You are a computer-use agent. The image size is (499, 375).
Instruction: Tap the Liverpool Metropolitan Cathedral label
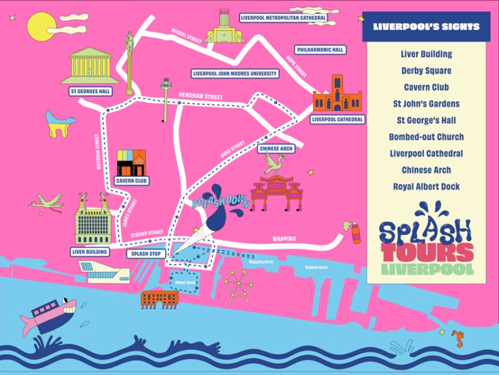(x=283, y=18)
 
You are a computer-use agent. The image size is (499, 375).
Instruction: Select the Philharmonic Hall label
(x=321, y=49)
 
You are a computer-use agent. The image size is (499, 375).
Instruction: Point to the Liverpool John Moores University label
(x=235, y=73)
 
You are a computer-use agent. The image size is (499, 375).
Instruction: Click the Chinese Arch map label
(x=276, y=149)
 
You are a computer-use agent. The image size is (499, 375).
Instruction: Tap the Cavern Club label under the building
(x=132, y=181)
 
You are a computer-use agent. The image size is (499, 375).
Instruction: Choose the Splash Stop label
(x=146, y=254)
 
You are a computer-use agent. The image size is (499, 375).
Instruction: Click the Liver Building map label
(x=90, y=252)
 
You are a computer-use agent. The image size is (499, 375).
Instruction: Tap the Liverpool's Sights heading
(x=426, y=26)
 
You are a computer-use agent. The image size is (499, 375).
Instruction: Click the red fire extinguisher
(x=356, y=234)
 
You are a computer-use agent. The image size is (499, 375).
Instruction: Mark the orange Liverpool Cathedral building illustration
(x=337, y=94)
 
